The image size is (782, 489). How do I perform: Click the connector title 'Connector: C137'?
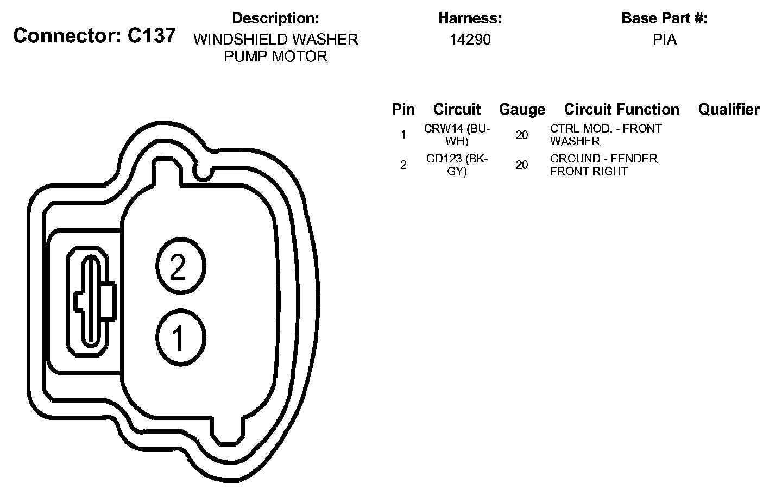point(94,36)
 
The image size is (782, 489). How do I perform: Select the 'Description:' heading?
point(275,18)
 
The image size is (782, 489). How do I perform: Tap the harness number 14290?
point(470,40)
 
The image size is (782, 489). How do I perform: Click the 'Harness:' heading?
point(470,18)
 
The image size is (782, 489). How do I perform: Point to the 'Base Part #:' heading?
point(664,18)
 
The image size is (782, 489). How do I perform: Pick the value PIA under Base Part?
point(665,40)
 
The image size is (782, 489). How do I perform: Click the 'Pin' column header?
point(403,110)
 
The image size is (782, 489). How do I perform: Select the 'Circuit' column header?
point(457,110)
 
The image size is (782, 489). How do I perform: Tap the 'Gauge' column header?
point(522,110)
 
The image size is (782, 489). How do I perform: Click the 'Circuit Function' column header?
point(622,110)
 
